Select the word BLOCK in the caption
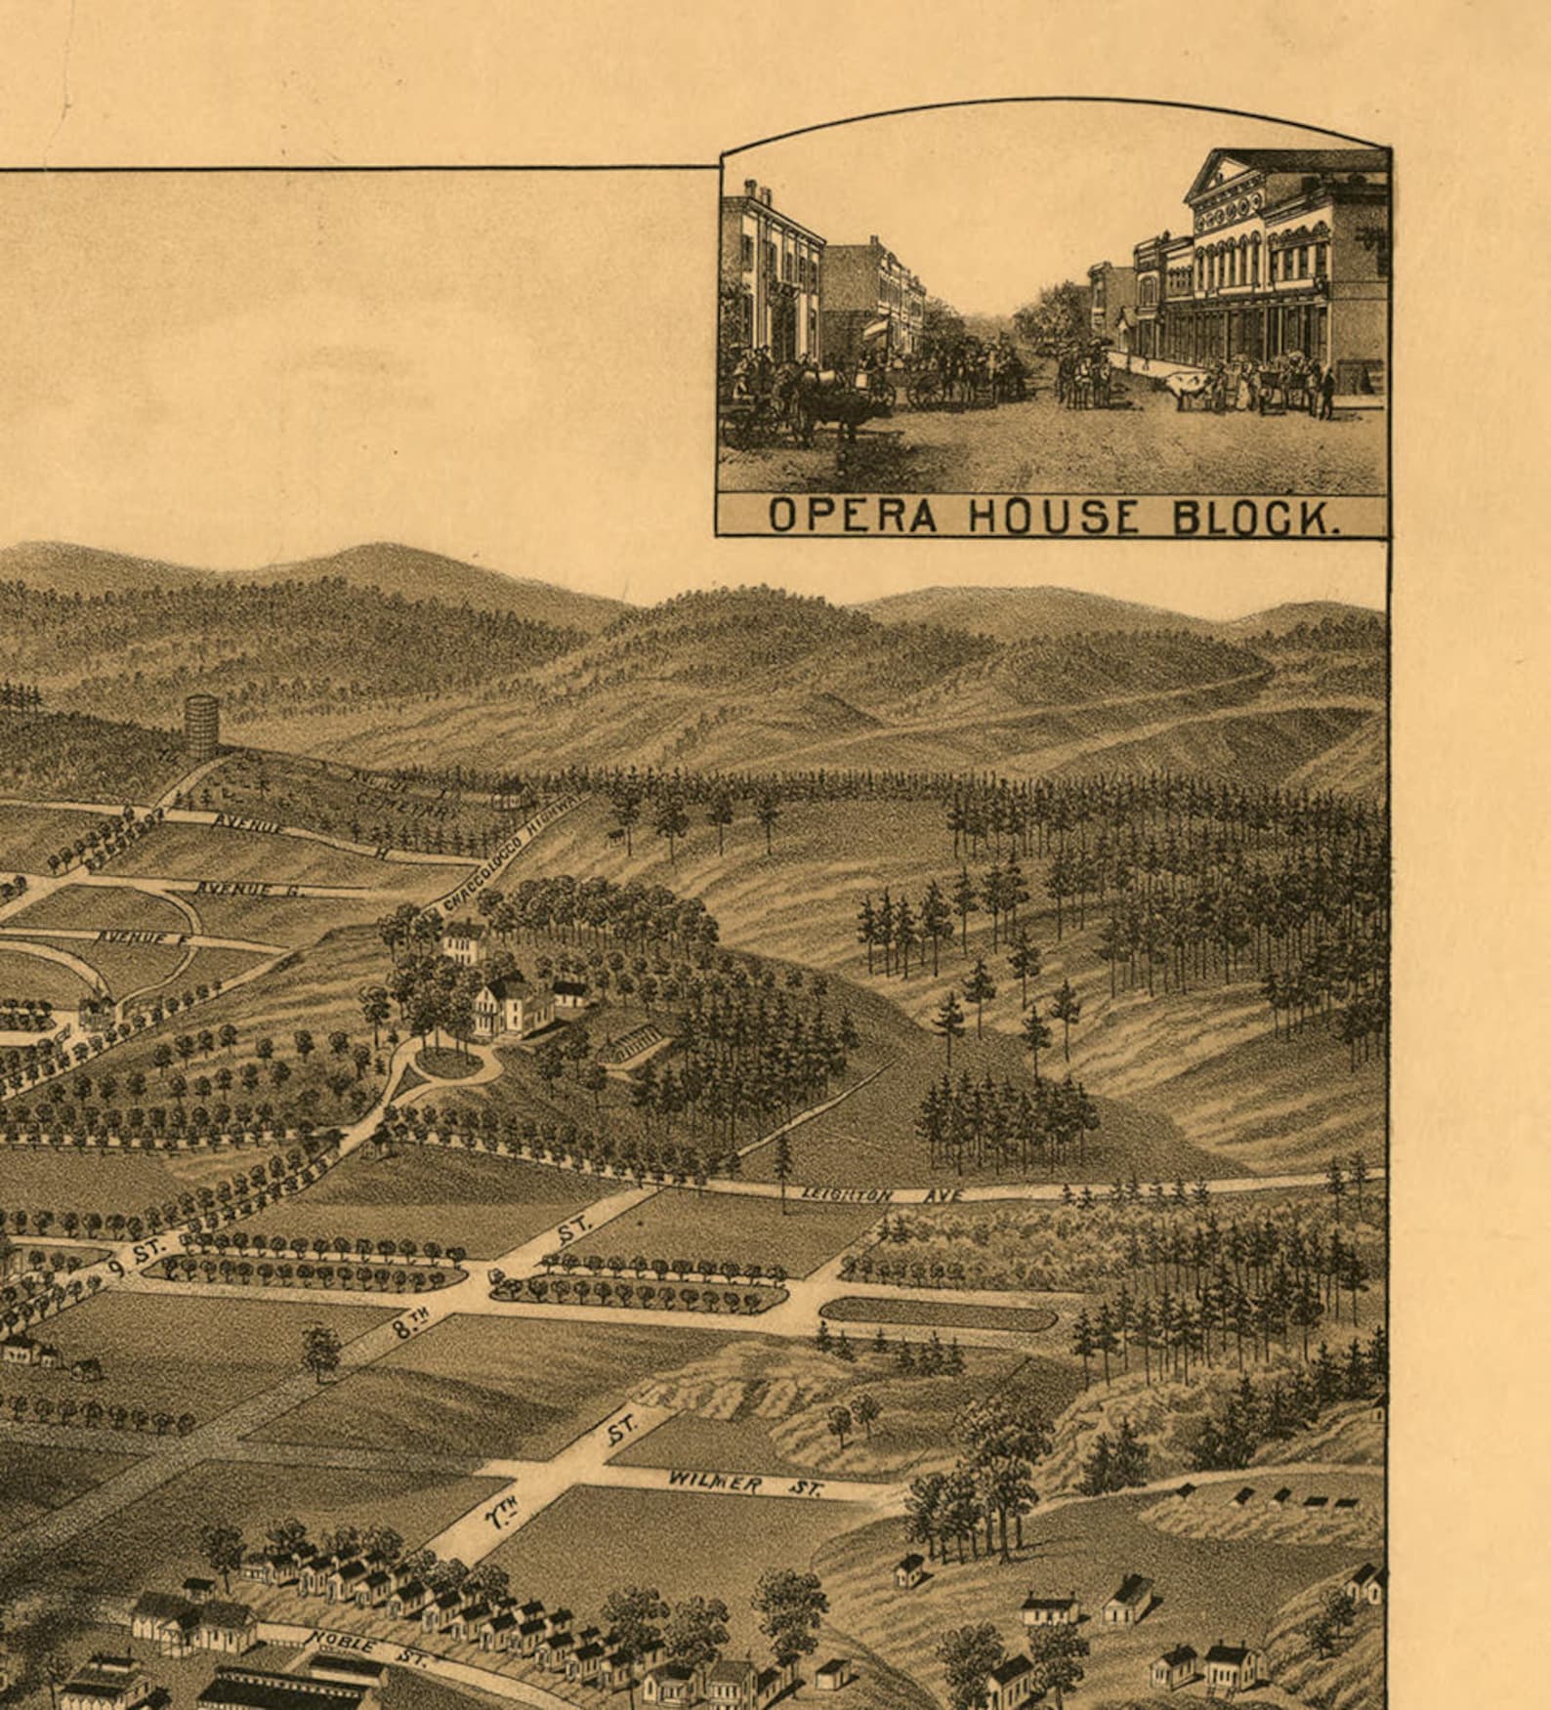click(x=1255, y=518)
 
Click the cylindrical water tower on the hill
click(x=200, y=726)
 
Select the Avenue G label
click(x=250, y=890)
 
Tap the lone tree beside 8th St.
click(x=320, y=1350)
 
